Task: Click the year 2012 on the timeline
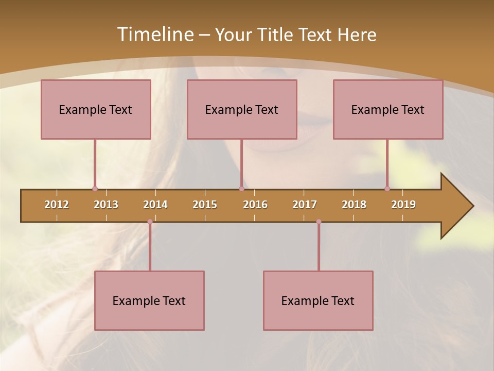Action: click(57, 205)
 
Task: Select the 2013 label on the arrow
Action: click(106, 205)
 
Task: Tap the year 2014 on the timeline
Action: click(155, 205)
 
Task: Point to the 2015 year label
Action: click(205, 205)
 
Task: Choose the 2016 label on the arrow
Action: click(255, 205)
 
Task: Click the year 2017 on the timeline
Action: click(305, 205)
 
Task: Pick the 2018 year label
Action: click(354, 205)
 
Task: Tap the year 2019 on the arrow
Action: click(403, 205)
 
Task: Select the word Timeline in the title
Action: click(154, 35)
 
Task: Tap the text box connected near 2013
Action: click(96, 109)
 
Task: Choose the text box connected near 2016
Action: click(242, 109)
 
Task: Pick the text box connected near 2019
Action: click(388, 109)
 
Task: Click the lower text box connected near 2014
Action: click(149, 300)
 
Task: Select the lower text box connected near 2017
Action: click(318, 300)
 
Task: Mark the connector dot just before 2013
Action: click(95, 189)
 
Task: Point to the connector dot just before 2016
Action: click(241, 189)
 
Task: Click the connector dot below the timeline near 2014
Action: click(150, 222)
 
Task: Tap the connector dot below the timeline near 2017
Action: click(319, 222)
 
